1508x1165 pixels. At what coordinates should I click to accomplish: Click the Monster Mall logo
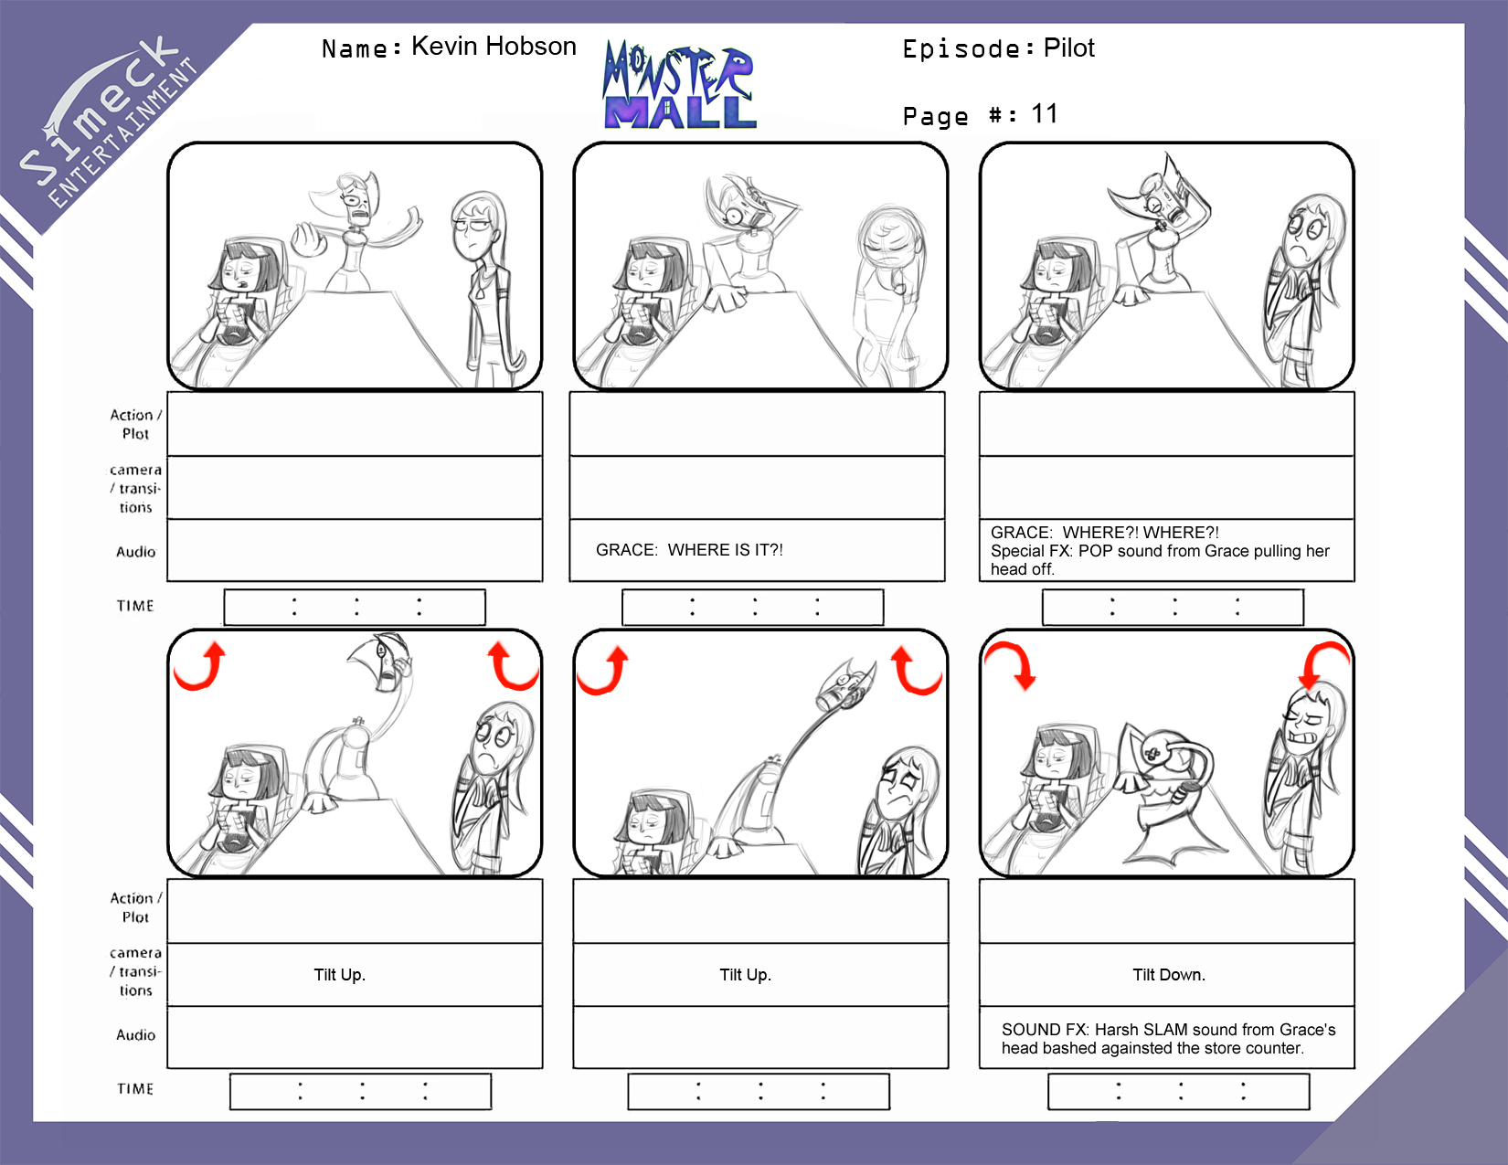tap(679, 85)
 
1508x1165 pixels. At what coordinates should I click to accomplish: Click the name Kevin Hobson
tap(494, 47)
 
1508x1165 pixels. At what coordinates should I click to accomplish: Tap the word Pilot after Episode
tap(1068, 48)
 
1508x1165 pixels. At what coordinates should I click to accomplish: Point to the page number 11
tap(1045, 114)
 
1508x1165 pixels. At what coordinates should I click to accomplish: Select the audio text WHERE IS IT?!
tap(725, 549)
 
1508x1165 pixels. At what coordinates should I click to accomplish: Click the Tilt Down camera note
tap(1169, 974)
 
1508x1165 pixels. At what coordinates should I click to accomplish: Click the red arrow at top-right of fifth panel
tap(915, 671)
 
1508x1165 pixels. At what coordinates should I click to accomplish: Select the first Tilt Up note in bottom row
tap(339, 974)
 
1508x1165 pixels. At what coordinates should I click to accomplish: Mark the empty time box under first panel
tap(355, 607)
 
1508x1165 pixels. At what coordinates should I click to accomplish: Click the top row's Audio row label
tap(136, 552)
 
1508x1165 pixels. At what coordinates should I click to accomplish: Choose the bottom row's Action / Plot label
tap(136, 907)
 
